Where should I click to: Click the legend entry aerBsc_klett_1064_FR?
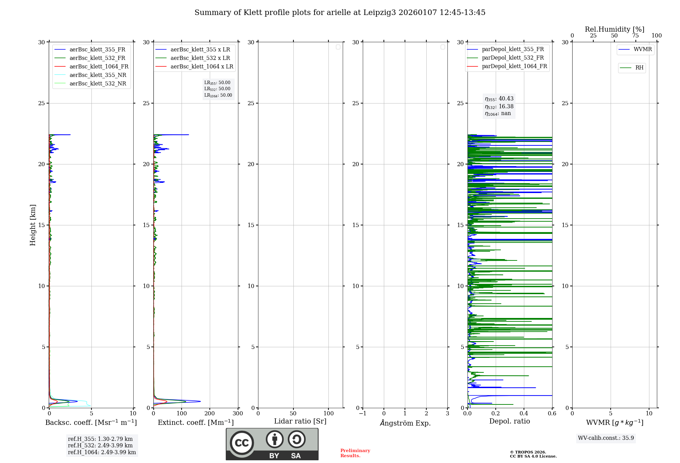pos(99,67)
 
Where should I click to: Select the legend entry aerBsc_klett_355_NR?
pos(98,75)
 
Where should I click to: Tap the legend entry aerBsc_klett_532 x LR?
pos(200,58)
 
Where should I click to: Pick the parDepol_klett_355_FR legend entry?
pos(513,49)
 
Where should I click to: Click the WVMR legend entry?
pos(643,49)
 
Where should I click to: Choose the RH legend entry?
pos(639,68)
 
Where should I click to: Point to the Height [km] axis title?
pos(33,225)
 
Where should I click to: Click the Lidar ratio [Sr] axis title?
pos(300,421)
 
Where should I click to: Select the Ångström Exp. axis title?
pos(405,423)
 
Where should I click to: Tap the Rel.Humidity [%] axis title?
pos(614,29)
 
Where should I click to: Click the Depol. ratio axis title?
pos(509,421)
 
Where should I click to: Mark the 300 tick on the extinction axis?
pos(238,414)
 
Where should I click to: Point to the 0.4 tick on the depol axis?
pos(524,414)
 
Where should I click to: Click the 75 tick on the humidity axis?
pos(635,36)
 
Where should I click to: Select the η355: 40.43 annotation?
pos(499,99)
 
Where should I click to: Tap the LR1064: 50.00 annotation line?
pos(218,95)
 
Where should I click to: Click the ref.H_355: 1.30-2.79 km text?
pos(100,439)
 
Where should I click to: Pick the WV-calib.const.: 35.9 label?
pos(606,438)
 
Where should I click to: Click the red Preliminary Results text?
pos(355,453)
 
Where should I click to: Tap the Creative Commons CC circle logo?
pos(242,443)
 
